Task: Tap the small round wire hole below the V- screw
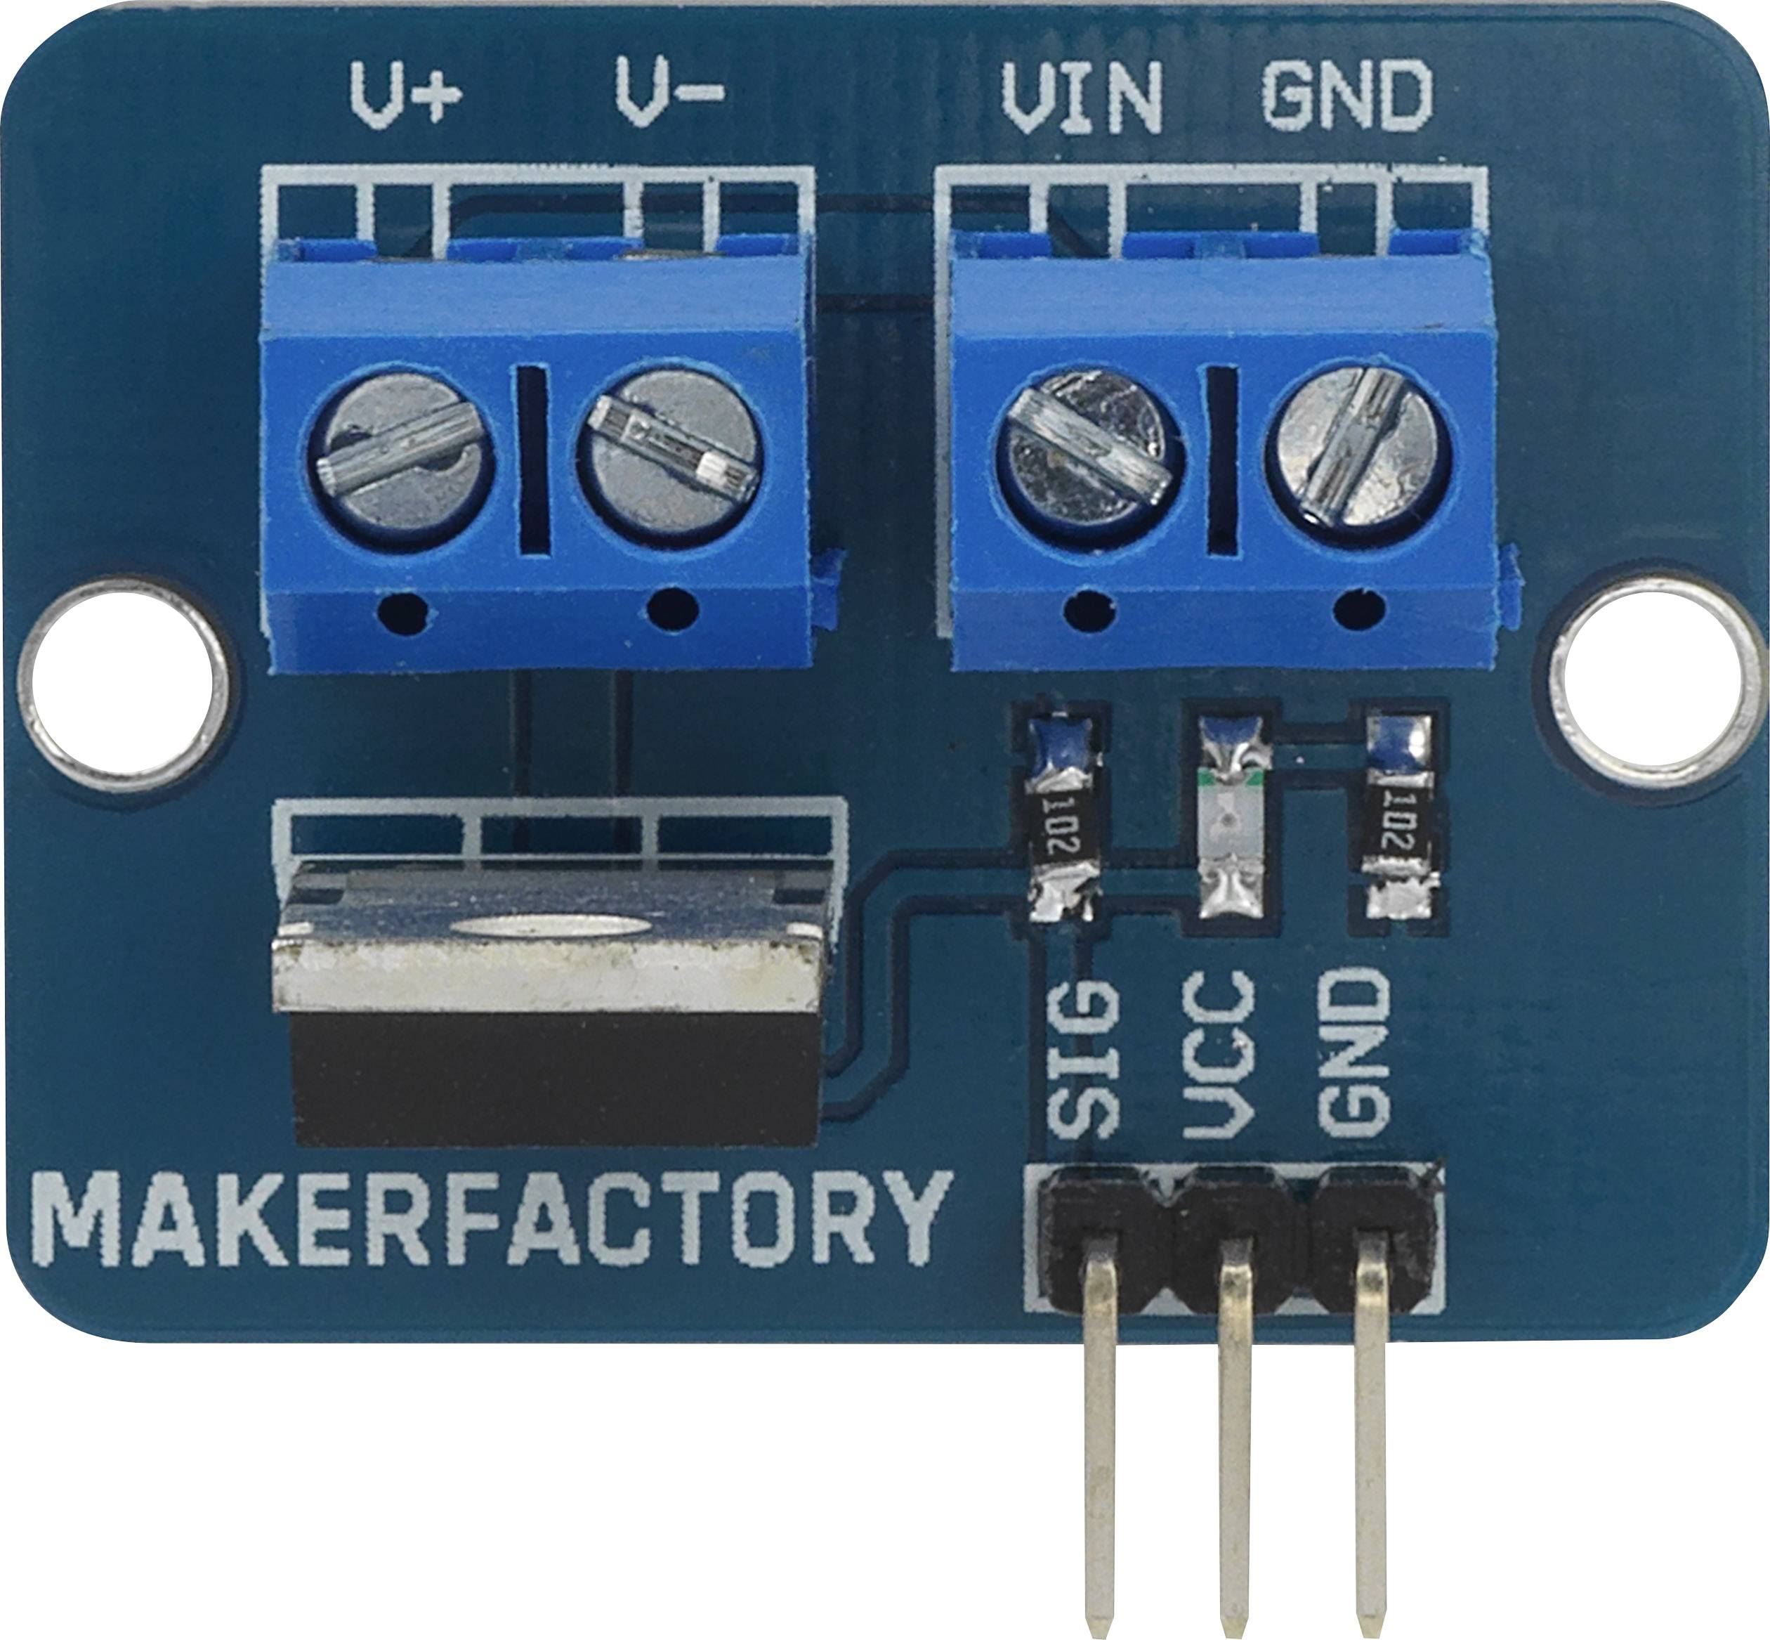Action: [x=671, y=611]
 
